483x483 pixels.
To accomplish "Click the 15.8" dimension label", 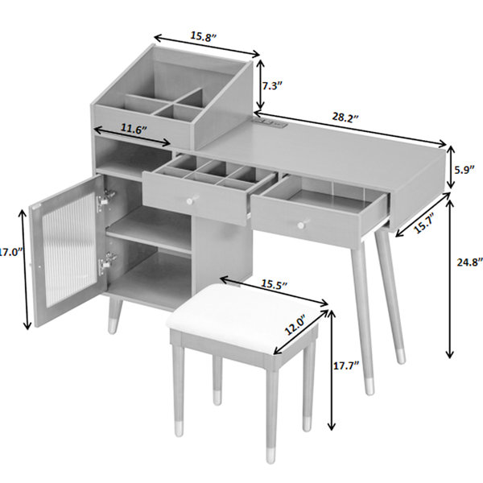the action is point(204,36).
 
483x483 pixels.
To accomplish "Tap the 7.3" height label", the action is point(272,86).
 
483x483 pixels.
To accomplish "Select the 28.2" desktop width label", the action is point(345,118).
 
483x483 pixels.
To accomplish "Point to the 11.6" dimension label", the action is point(133,129).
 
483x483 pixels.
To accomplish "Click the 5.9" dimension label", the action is point(464,170).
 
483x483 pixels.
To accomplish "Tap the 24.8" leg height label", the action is point(469,262).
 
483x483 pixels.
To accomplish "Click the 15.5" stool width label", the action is point(275,284).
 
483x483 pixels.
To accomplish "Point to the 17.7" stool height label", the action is point(346,365).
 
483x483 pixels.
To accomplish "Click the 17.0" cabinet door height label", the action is point(11,252).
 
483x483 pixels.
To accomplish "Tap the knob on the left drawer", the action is point(190,200).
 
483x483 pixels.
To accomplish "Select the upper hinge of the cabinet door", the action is point(105,199).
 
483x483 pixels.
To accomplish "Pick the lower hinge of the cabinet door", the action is point(106,262).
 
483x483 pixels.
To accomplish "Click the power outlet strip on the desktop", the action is point(270,123).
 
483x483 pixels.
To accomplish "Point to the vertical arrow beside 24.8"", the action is point(450,279).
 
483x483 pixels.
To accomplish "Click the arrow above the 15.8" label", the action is point(207,46).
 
